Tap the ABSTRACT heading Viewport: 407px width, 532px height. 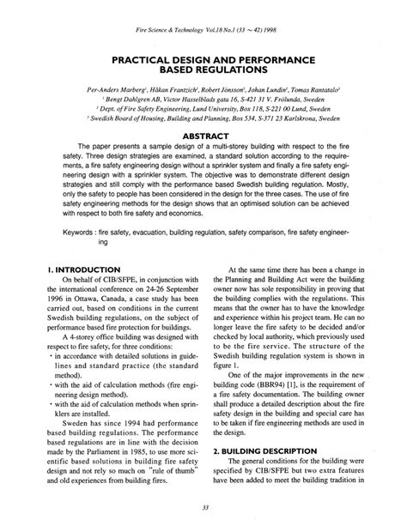[x=203, y=135]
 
